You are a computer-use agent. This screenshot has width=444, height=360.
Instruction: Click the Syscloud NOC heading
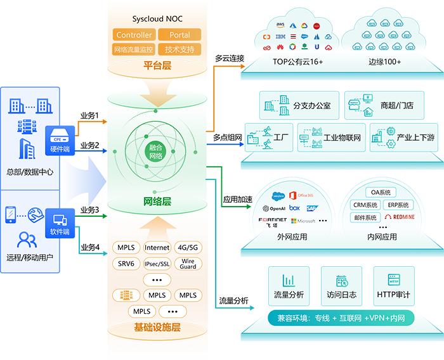157,18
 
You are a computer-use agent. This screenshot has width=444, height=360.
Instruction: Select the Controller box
134,35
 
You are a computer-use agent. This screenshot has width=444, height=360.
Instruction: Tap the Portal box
180,35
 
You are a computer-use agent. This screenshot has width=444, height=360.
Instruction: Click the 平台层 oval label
158,65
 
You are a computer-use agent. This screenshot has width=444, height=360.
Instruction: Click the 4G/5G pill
188,248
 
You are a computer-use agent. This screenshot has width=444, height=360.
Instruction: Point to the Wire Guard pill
188,264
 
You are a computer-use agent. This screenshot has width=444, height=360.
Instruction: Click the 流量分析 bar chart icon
288,280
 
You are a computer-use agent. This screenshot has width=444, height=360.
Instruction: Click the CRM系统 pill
366,205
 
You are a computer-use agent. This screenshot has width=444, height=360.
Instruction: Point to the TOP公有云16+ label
297,61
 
